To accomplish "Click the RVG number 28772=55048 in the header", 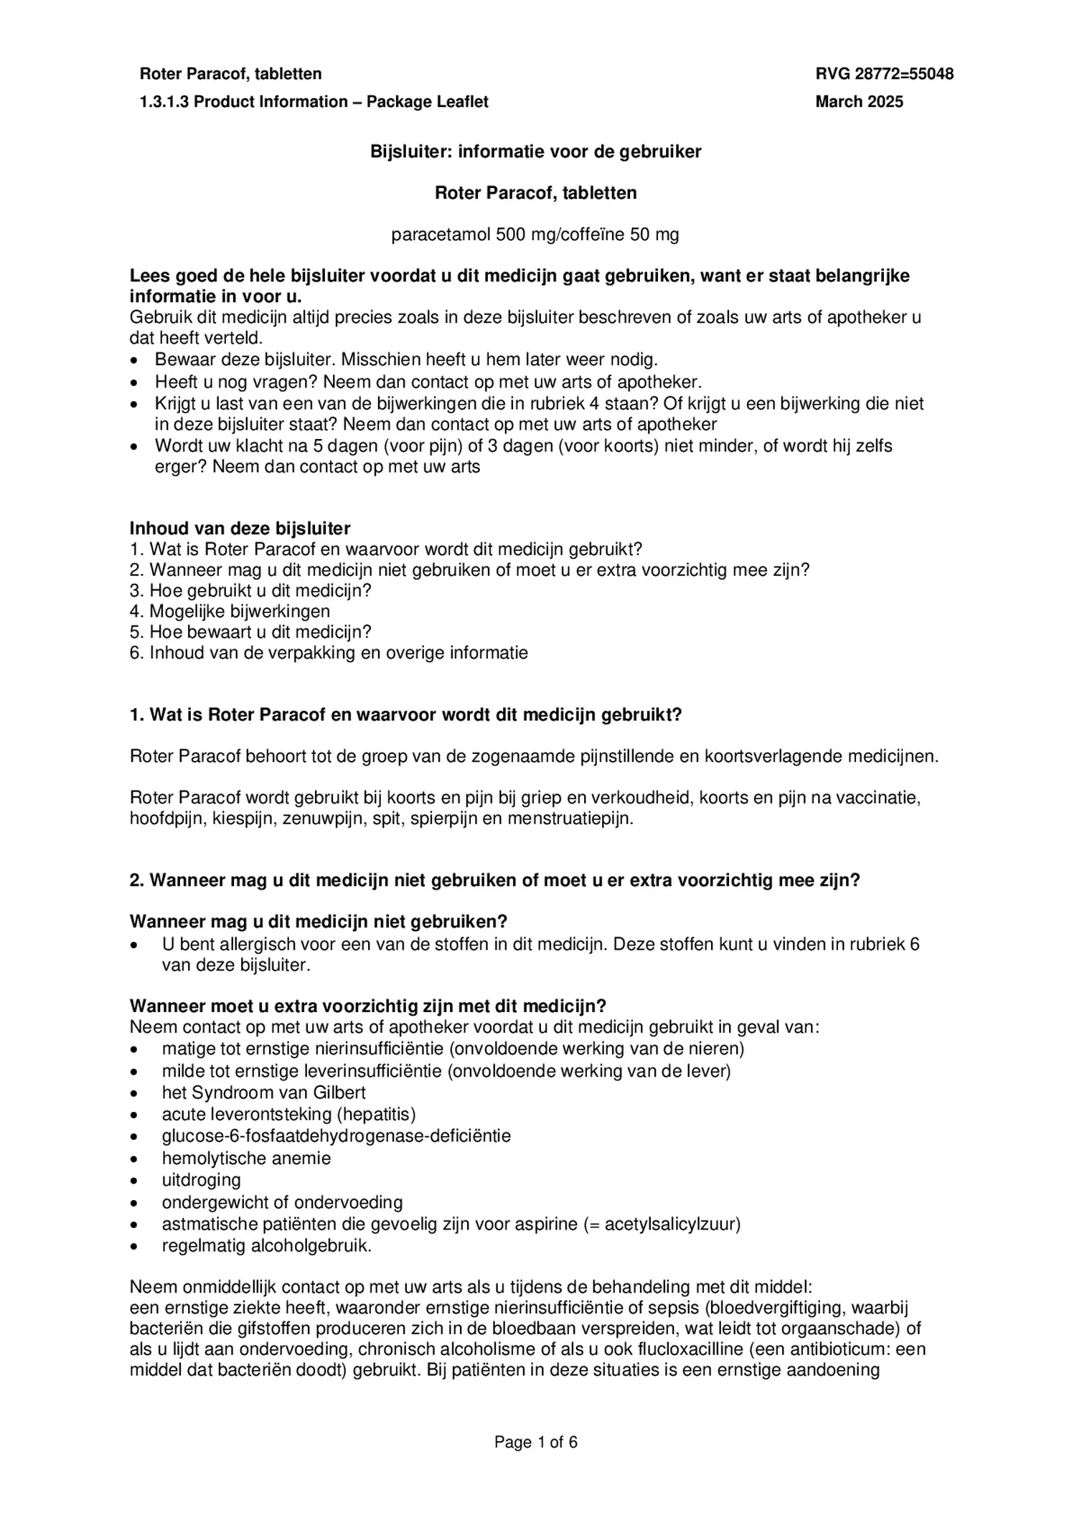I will tap(884, 74).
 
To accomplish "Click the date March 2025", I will tap(859, 102).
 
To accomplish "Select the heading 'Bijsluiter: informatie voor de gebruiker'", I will tap(535, 151).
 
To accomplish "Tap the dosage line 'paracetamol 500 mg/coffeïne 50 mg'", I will tap(535, 235).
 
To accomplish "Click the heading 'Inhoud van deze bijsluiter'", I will tap(240, 529).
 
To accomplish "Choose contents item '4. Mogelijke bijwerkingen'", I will tap(230, 611).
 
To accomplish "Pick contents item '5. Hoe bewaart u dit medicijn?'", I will tap(250, 632).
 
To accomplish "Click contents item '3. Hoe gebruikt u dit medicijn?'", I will tap(250, 590).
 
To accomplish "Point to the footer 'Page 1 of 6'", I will tap(535, 1443).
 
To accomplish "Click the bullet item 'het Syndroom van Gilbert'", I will tap(263, 1092).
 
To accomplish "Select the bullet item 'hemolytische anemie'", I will tap(246, 1158).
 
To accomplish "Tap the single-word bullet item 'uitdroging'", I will tap(201, 1179).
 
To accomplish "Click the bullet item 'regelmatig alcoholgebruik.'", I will tap(266, 1245).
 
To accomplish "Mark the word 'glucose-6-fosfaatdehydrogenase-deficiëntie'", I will tap(336, 1136).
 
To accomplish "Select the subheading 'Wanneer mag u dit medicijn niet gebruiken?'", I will tap(318, 921).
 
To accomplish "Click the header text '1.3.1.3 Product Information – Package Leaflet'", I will tap(314, 102).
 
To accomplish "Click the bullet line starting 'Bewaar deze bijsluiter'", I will tap(405, 359).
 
